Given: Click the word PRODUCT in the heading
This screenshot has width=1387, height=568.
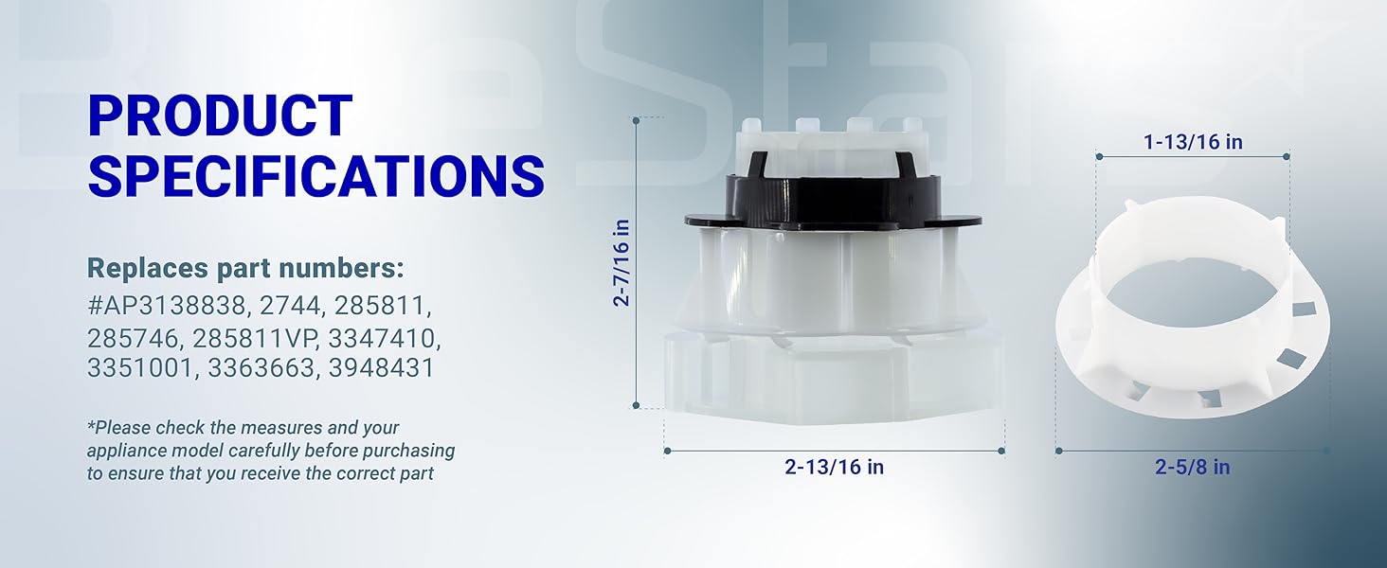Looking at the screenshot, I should coord(220,115).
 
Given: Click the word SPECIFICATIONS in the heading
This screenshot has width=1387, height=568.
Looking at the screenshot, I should coord(315,175).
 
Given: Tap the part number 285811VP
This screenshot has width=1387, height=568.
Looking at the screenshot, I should coord(246,337).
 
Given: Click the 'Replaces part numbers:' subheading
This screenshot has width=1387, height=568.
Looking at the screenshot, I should coord(244,268).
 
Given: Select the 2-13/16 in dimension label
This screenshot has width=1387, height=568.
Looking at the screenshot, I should coord(835,467).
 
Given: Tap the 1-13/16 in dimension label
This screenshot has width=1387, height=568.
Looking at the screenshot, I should coord(1193,142).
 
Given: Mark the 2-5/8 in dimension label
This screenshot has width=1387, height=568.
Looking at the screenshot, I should coord(1192,467).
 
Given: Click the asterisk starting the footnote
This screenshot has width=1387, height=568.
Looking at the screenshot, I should coord(91,428).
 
